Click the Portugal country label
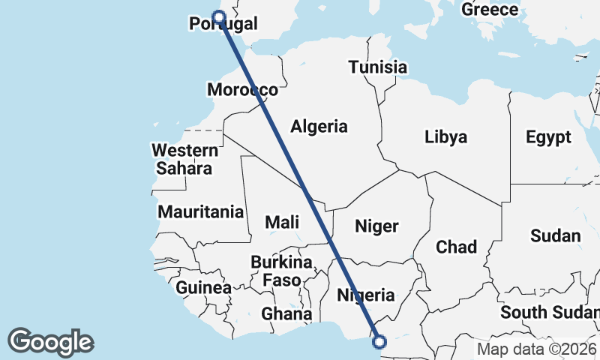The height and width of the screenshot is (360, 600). (x=223, y=25)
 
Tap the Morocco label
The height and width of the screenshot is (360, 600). (x=242, y=90)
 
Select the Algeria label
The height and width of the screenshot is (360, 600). (x=319, y=126)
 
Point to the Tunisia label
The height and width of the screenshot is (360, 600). (x=378, y=67)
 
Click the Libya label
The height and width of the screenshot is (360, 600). (x=445, y=137)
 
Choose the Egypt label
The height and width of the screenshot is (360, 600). (x=548, y=137)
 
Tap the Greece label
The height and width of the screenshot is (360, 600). (x=490, y=10)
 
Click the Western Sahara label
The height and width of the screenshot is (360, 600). (x=184, y=159)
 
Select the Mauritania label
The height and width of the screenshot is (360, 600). (x=201, y=212)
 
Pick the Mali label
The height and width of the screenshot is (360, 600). (x=282, y=222)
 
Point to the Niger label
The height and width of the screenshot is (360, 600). (x=376, y=226)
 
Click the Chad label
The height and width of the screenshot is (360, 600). (x=456, y=247)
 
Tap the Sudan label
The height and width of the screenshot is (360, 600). (x=556, y=235)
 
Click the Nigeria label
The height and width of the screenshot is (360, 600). (x=365, y=295)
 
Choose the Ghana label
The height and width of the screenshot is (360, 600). (x=287, y=313)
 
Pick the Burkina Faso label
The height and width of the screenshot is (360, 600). (x=281, y=271)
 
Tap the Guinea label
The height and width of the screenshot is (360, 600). (x=204, y=288)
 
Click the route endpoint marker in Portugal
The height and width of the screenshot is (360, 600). (x=218, y=17)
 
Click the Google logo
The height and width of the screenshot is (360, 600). (x=50, y=341)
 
